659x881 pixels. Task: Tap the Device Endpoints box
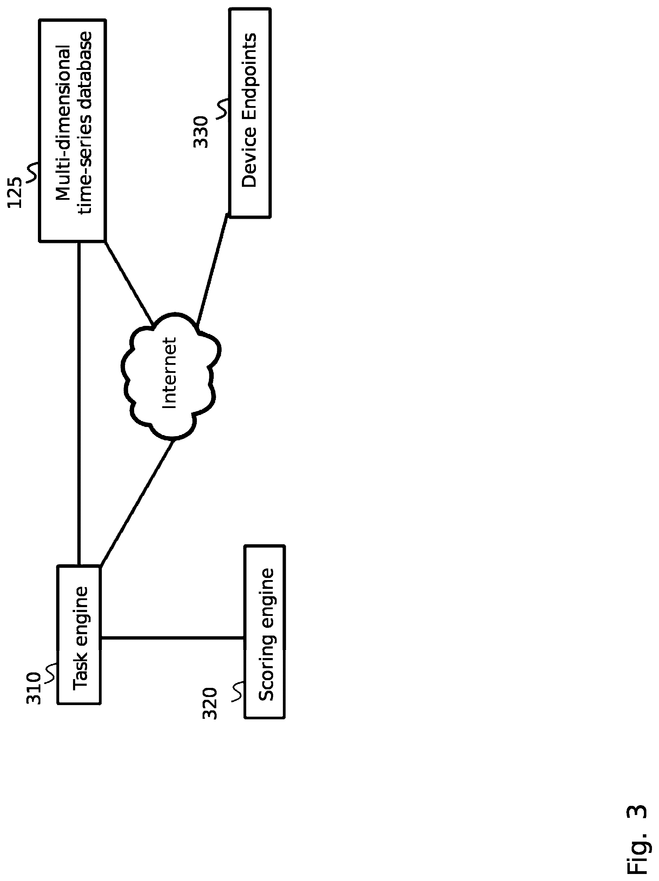250,113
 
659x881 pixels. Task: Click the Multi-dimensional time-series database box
72,130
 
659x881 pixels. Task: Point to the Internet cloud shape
170,374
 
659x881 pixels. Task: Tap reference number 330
201,132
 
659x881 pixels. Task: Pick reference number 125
15,193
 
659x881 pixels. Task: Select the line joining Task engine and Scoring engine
172,638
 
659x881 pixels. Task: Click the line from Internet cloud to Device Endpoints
212,269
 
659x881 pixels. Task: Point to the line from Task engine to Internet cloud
137,502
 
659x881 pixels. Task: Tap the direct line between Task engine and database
79,402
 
